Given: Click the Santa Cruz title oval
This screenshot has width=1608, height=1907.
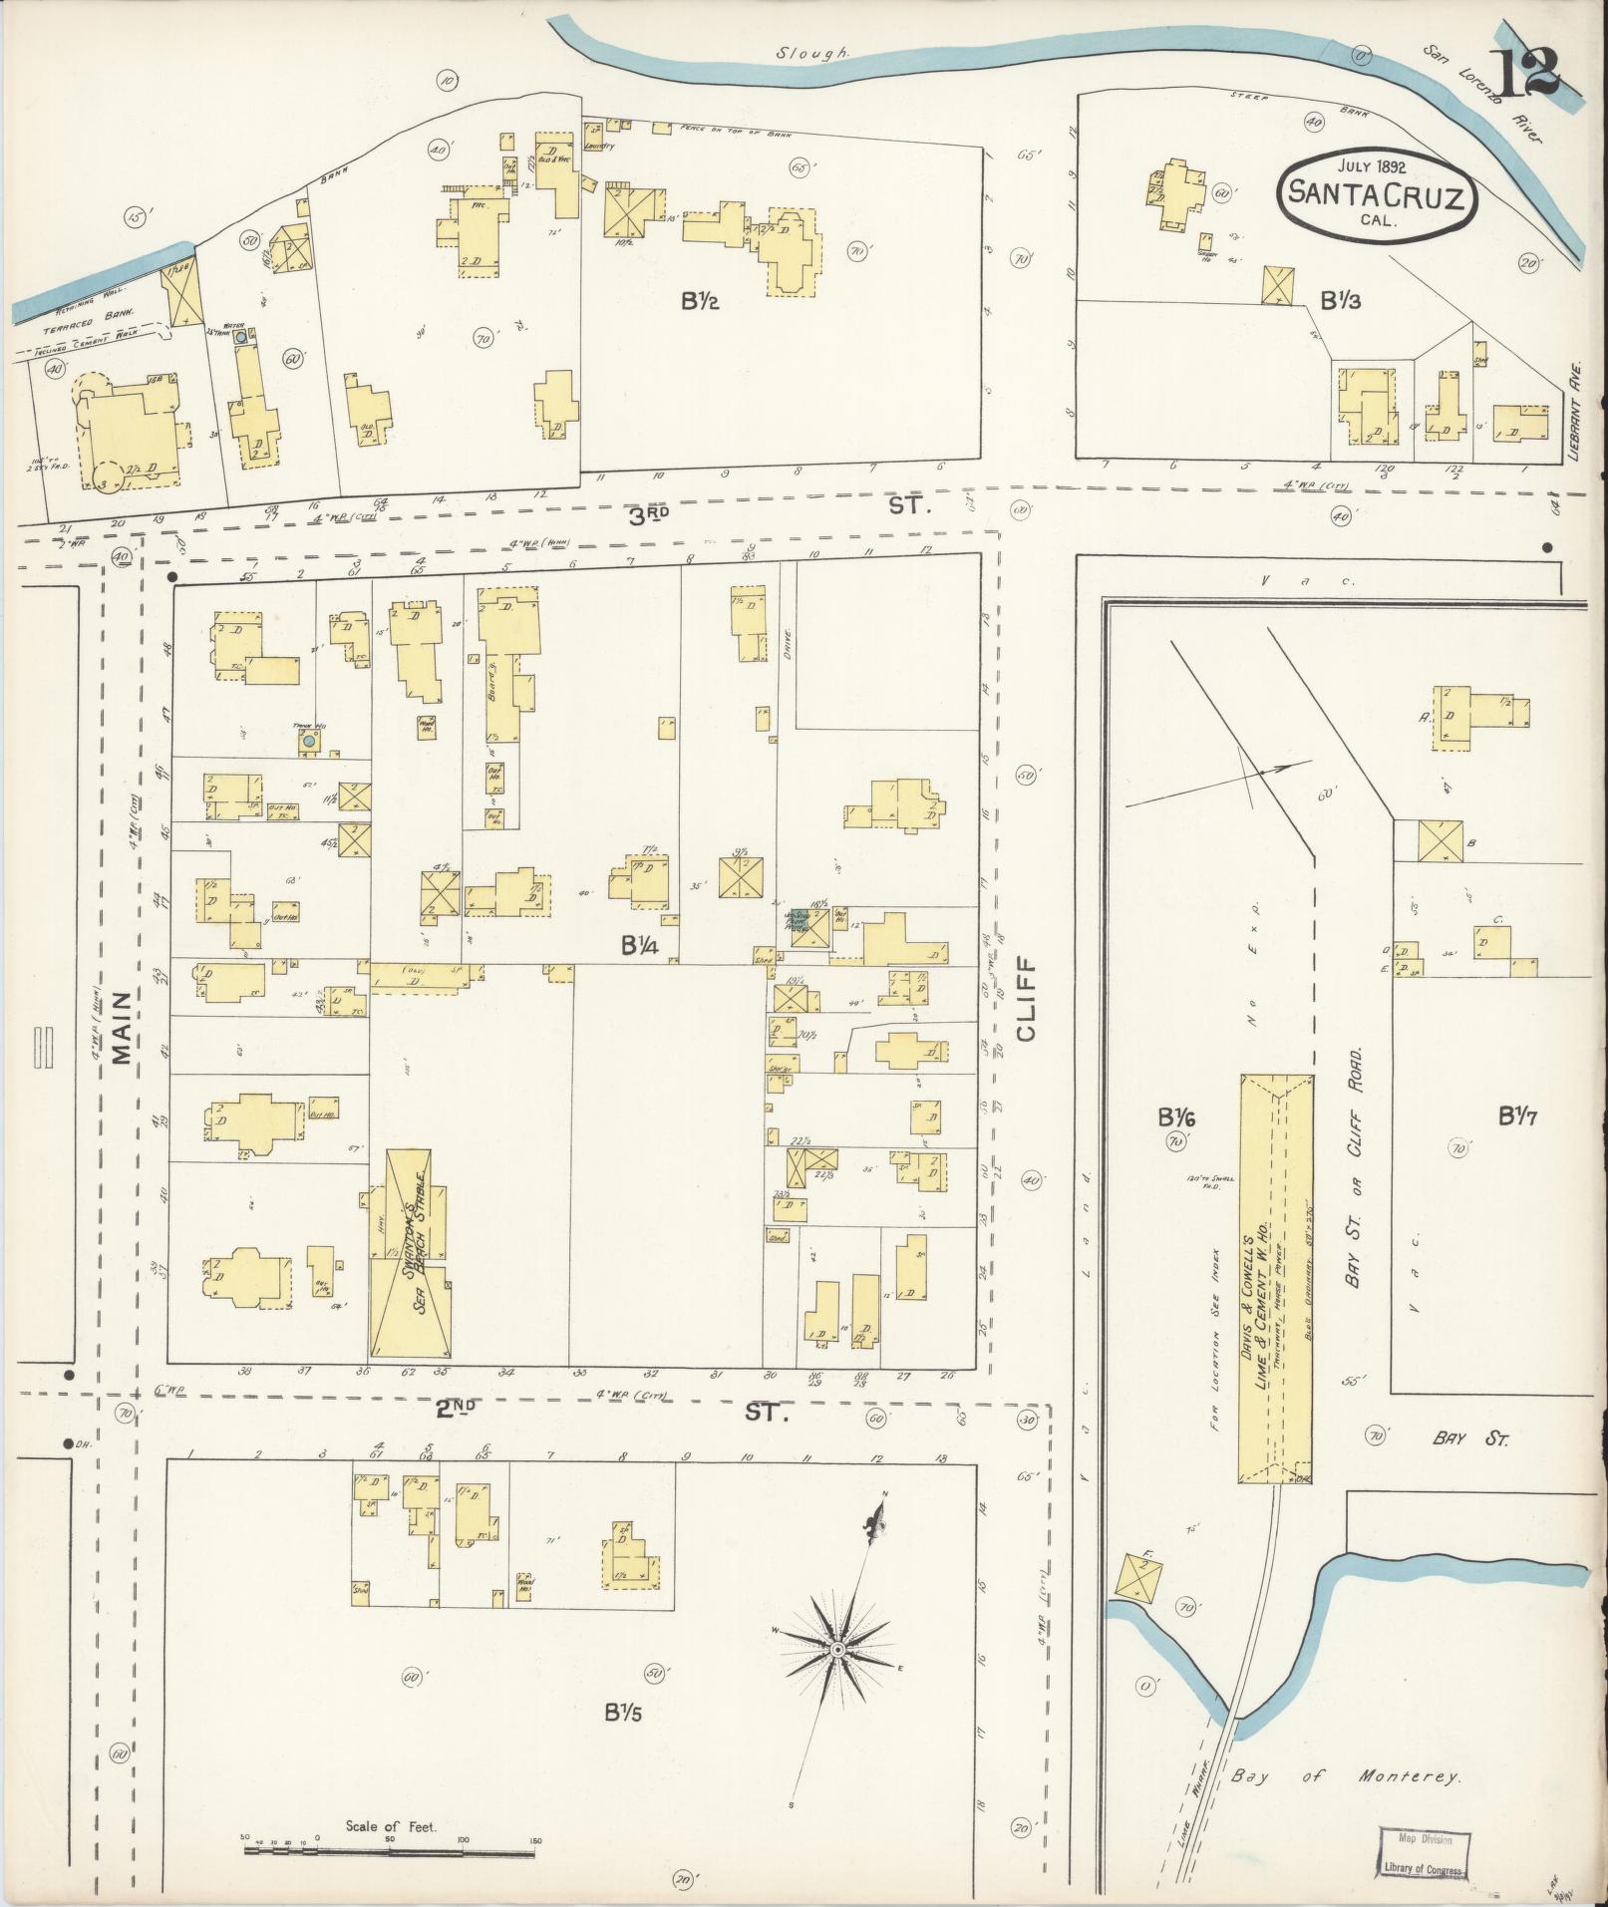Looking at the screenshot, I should point(1377,196).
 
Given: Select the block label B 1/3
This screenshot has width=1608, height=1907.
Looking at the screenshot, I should point(1341,299).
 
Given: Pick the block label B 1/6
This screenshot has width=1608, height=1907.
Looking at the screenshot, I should point(1176,1117).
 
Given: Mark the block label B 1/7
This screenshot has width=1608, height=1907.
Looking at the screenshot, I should point(1518,1117).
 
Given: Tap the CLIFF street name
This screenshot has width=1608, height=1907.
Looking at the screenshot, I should point(1028,998).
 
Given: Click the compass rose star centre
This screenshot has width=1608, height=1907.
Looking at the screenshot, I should point(838,1651).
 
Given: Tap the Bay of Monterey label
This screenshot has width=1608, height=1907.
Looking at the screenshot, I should point(1345,1776).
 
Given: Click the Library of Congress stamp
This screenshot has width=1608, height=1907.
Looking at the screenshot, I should point(1424,1853).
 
